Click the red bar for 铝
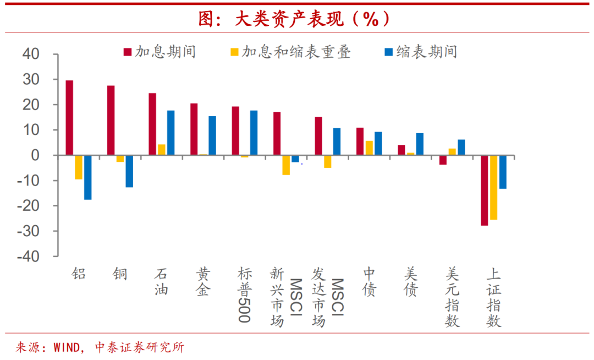point(69,118)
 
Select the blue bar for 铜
point(129,171)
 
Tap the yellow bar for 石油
point(162,150)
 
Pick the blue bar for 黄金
point(212,135)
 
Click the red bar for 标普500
point(235,131)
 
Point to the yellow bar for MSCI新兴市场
point(286,165)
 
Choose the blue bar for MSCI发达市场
point(337,141)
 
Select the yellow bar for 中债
point(369,148)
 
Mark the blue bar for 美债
point(420,144)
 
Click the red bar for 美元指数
point(443,160)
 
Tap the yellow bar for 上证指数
point(493,187)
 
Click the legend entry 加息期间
point(159,52)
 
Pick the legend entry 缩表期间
point(421,52)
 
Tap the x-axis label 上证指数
point(494,297)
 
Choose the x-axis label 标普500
point(244,294)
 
